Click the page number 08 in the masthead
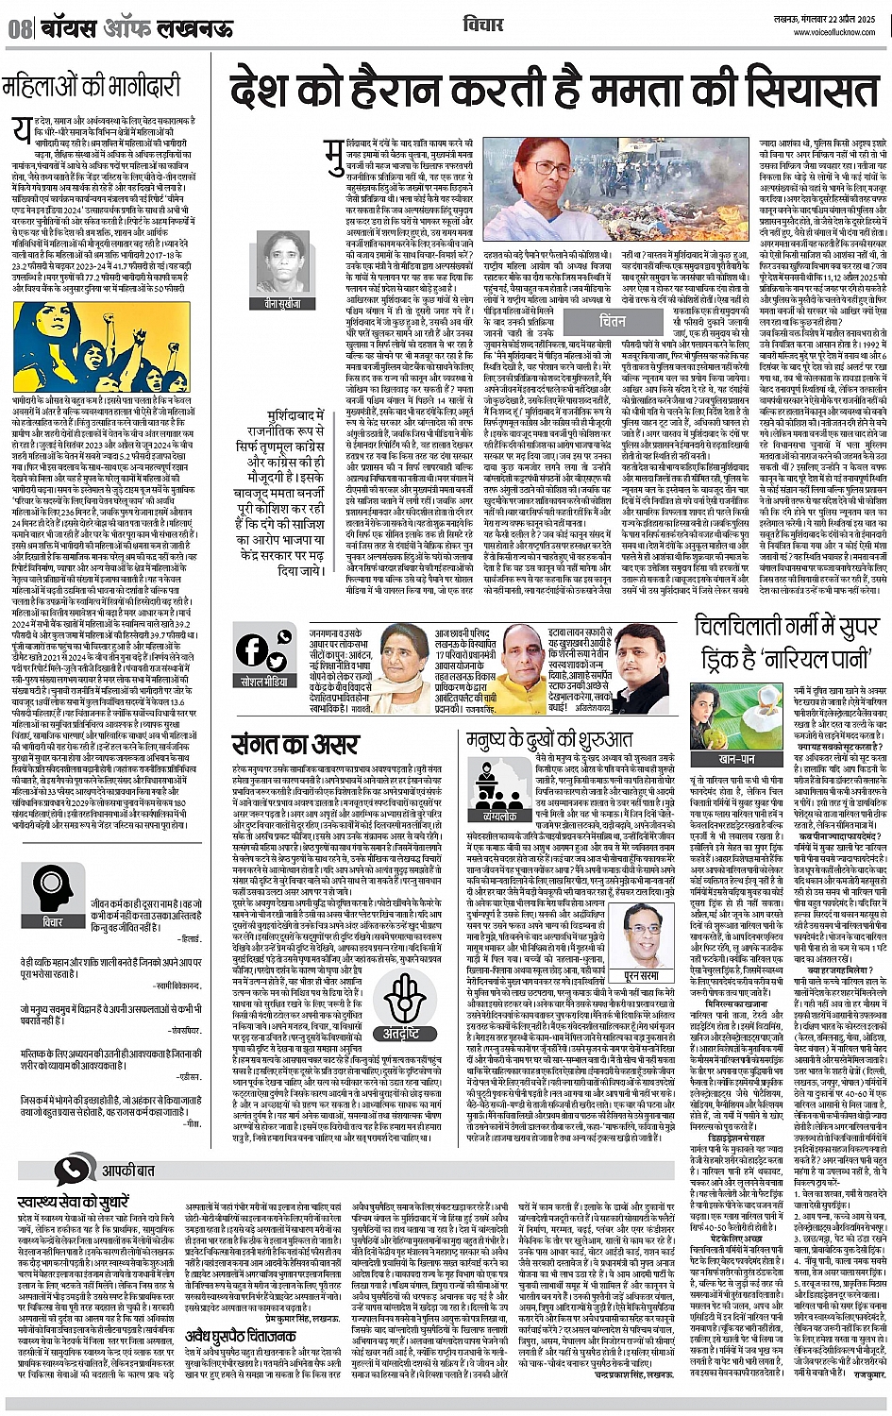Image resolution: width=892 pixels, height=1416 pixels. coord(20,28)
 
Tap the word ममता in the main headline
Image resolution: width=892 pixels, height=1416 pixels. coord(589,93)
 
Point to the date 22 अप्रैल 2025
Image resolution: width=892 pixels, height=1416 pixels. coord(850,20)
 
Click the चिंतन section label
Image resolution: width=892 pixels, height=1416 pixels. coord(612,321)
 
